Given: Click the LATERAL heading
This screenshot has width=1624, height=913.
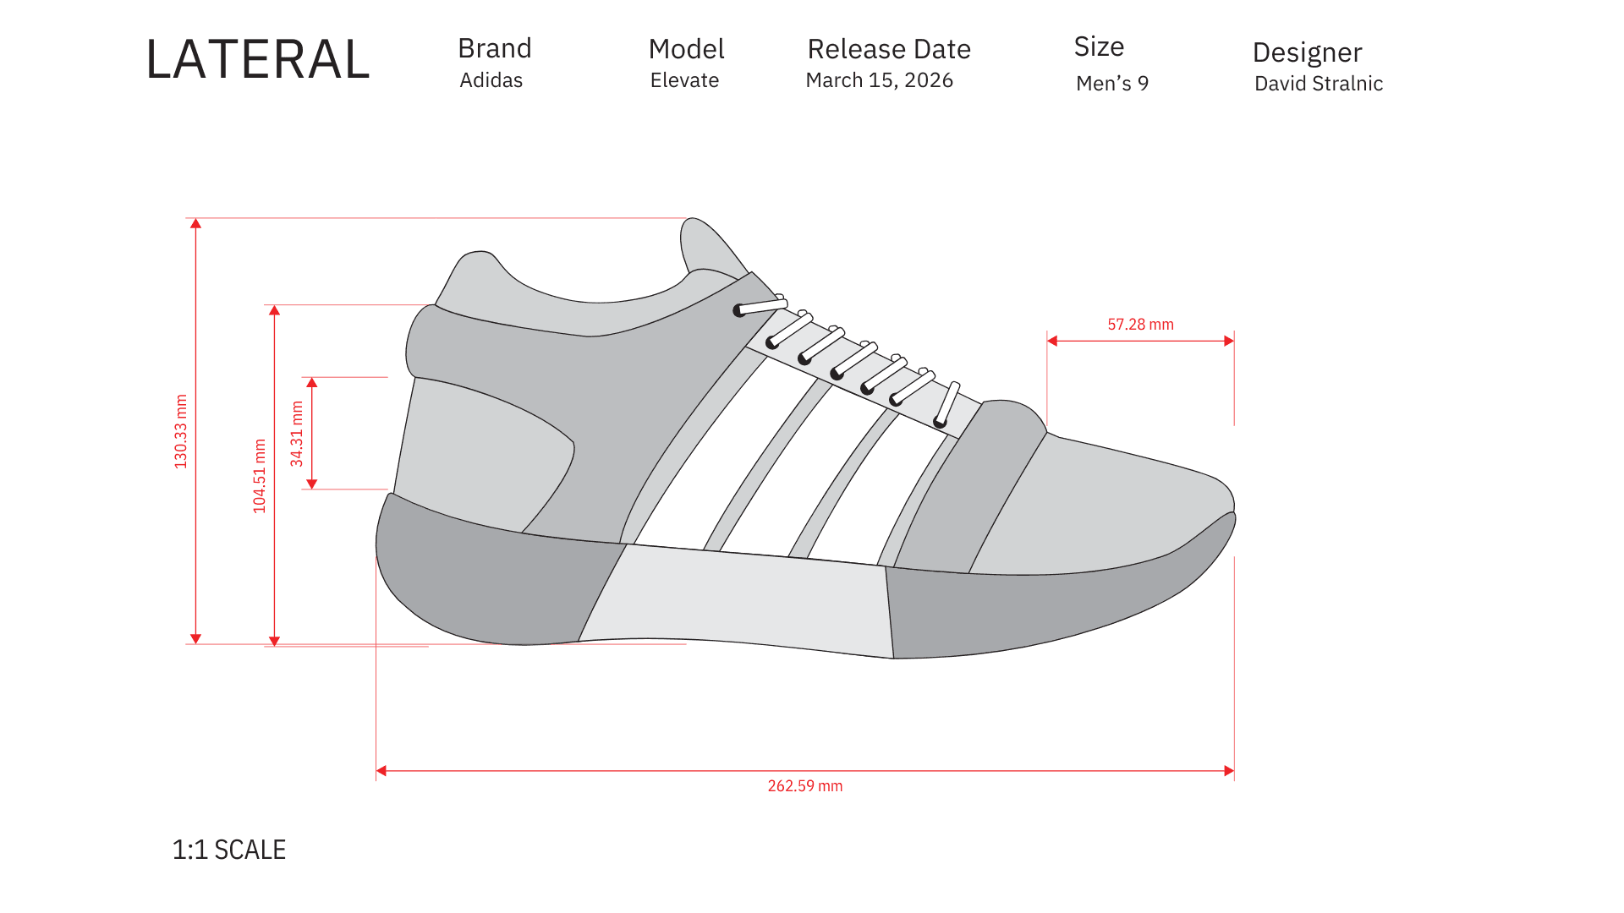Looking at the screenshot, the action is tap(258, 60).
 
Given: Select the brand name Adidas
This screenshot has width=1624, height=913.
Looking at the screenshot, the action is tap(491, 80).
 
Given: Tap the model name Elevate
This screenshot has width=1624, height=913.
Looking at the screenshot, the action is tap(684, 80).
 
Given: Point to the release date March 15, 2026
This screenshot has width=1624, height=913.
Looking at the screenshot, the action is tap(879, 80).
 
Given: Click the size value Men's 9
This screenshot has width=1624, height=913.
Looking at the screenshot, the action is tap(1111, 83).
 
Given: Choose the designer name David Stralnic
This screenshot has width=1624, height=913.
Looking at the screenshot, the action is tap(1318, 84).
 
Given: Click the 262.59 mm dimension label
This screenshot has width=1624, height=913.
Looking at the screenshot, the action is tap(804, 786).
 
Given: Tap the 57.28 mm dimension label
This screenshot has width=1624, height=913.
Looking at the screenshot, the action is tap(1140, 325).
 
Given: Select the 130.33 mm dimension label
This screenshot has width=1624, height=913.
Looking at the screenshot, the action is tap(181, 431).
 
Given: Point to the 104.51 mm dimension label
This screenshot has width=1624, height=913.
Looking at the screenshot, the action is tap(260, 475).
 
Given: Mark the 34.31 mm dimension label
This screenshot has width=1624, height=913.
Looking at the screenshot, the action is tap(297, 434).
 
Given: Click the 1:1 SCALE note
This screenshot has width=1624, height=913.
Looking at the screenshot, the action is tap(228, 850).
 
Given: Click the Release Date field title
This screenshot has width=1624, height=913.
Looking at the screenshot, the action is tap(888, 49).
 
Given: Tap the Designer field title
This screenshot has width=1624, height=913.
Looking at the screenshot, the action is tap(1307, 52).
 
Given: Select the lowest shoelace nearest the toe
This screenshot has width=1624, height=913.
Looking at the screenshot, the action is tap(946, 404).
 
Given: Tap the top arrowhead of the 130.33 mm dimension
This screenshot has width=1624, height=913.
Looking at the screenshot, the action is tap(195, 224).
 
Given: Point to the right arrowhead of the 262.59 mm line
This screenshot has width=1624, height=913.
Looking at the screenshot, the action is tap(1229, 771).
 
